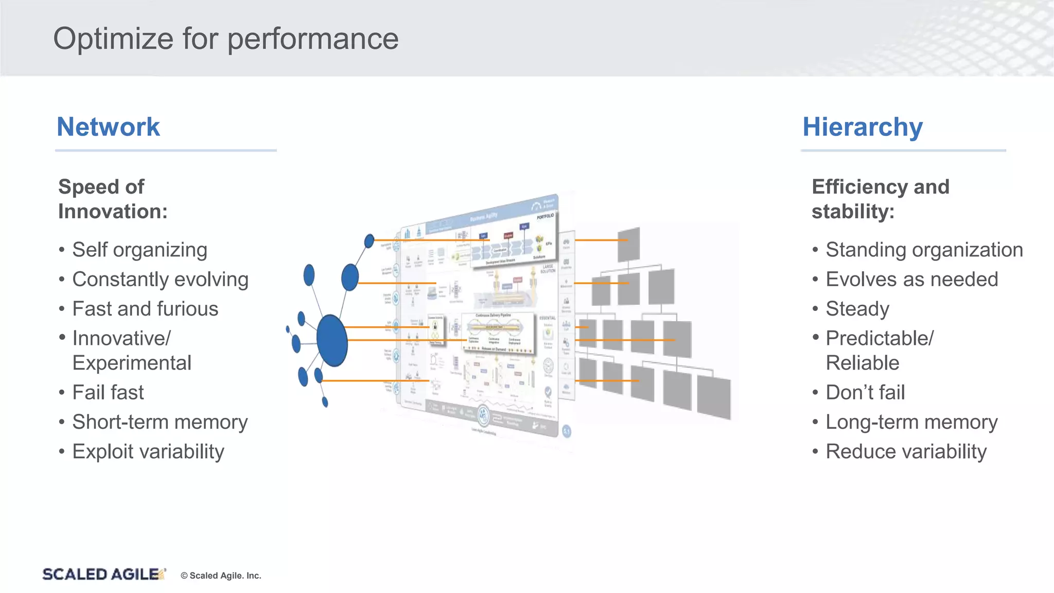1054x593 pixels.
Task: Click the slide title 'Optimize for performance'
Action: tap(225, 39)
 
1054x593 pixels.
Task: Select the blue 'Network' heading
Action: tap(108, 127)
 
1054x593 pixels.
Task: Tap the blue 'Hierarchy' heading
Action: tap(863, 127)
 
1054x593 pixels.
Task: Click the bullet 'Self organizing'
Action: tap(139, 250)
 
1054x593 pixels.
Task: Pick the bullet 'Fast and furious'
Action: tap(145, 309)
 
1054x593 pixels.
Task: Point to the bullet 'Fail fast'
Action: tap(108, 392)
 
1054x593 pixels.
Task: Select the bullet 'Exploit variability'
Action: tap(148, 451)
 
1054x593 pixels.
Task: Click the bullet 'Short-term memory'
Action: tap(160, 422)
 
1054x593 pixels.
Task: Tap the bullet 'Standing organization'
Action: tap(924, 250)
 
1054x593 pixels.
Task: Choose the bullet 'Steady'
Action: tap(857, 309)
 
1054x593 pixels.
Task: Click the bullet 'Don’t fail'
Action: tap(865, 392)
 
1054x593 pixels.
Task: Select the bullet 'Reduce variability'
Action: tap(906, 451)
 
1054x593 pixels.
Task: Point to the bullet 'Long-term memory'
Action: tap(911, 422)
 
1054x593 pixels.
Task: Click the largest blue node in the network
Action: tap(332, 340)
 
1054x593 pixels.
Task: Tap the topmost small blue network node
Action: tap(369, 240)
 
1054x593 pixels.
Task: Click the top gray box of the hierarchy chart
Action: tap(628, 245)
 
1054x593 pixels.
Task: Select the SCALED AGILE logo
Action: tap(103, 574)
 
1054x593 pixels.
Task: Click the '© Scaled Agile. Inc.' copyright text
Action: tap(221, 575)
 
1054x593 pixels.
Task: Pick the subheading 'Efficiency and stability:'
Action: tap(880, 199)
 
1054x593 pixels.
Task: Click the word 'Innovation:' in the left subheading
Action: tap(113, 212)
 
